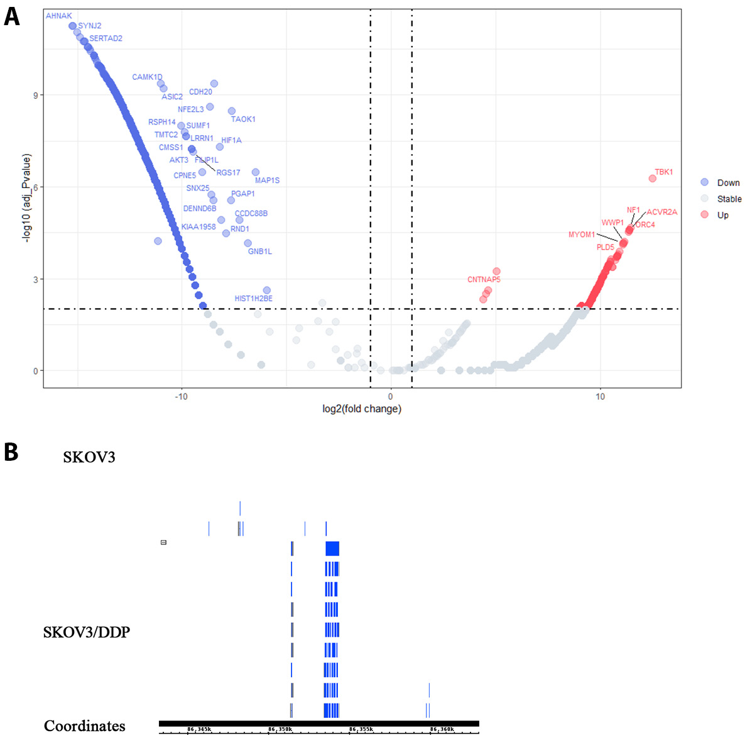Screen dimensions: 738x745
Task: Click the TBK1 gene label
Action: point(663,172)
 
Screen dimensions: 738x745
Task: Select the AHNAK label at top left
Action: point(59,16)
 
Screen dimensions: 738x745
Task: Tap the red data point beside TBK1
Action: point(652,179)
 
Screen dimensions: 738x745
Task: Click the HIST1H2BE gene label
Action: point(253,299)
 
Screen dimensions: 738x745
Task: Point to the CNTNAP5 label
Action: point(484,279)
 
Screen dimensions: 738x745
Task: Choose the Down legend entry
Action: point(728,182)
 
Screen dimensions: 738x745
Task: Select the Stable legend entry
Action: point(729,199)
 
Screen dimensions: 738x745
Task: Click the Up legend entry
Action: point(722,215)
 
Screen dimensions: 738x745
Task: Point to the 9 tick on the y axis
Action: point(35,96)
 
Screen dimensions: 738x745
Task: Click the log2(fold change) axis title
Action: point(361,409)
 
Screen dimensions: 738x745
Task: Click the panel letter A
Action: point(11,17)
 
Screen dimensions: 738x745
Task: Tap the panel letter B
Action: point(11,452)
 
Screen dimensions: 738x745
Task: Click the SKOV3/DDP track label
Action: point(87,632)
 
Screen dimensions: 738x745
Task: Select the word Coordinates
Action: point(84,726)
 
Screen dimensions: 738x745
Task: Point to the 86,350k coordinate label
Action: point(280,729)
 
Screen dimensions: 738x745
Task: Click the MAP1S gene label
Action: point(267,180)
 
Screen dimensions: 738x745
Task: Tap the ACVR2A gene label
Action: point(661,212)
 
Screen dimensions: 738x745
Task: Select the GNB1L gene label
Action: point(259,251)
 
